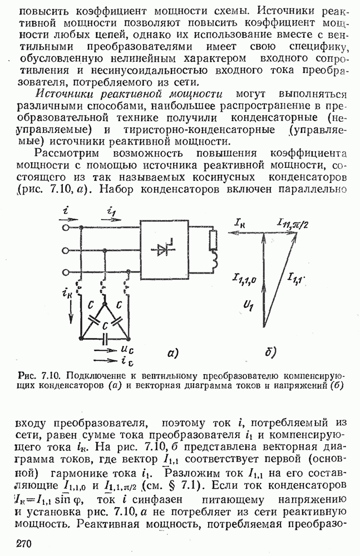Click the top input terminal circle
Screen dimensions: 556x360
coord(68,228)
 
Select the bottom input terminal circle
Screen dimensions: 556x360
coord(68,272)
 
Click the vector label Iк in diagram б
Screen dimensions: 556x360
coord(240,223)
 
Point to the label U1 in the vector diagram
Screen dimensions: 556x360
coord(249,305)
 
